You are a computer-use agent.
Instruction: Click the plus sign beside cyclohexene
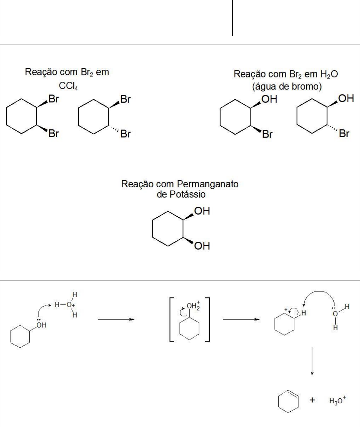(312, 400)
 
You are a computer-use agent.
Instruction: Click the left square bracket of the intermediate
(172, 319)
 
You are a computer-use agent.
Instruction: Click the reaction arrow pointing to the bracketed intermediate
(116, 319)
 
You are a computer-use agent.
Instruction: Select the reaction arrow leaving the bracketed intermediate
(241, 319)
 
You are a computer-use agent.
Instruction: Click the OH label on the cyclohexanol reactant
(41, 325)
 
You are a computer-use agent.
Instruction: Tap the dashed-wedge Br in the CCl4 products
(125, 134)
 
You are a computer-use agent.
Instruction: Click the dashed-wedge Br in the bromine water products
(344, 134)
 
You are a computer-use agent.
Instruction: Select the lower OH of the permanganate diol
(202, 246)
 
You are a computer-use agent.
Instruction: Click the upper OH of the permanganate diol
(202, 211)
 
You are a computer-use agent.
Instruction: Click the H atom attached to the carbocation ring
(303, 313)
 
